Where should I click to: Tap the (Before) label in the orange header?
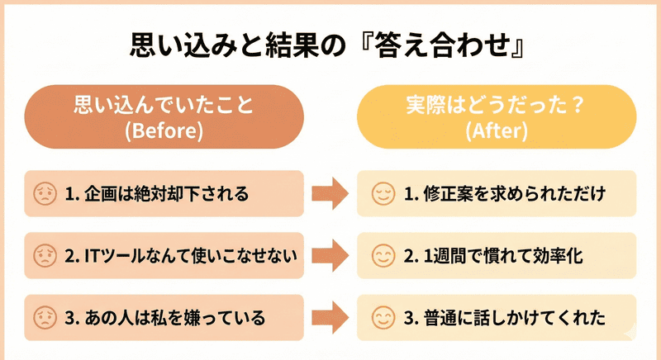tap(163, 130)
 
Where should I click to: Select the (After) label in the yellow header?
tap(497, 130)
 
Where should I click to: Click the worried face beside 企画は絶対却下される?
tap(43, 194)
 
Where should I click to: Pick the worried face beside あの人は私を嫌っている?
tap(43, 317)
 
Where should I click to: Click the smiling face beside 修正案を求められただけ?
tap(382, 194)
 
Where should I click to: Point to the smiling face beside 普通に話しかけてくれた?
tap(382, 317)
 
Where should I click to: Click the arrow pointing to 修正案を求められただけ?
tap(329, 195)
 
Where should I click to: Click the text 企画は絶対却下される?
tap(165, 195)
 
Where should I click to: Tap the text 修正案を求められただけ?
tap(514, 195)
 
